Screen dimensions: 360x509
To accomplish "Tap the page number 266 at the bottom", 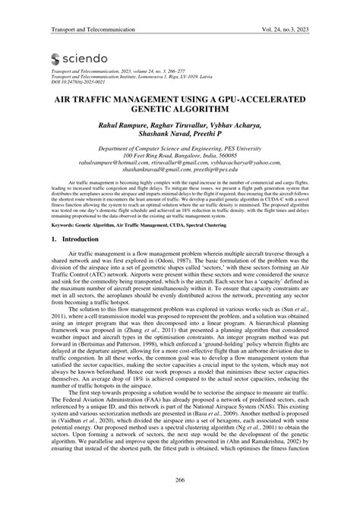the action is (180, 480).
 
